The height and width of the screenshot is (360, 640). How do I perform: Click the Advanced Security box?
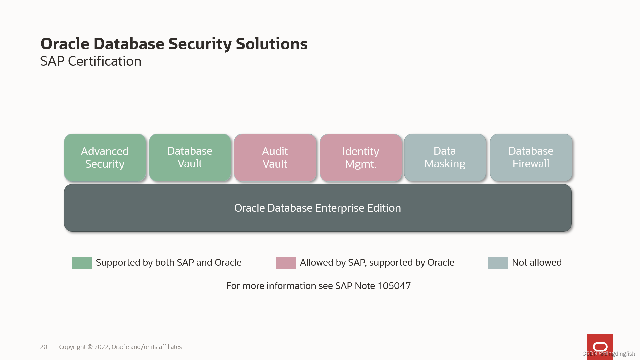pos(105,158)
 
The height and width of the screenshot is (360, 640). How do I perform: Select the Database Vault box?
pos(190,158)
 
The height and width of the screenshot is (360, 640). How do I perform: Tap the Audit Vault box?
pos(275,158)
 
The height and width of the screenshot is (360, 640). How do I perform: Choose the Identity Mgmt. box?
pos(361,158)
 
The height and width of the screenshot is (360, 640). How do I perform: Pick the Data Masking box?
pos(445,158)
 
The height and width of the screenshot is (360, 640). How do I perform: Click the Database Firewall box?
pos(531,158)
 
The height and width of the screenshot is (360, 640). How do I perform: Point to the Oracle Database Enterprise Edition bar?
pos(318,208)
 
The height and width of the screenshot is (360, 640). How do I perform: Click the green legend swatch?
pos(82,263)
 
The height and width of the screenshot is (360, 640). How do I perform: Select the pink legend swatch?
pos(286,263)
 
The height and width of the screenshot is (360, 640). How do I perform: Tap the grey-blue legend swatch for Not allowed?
pos(498,263)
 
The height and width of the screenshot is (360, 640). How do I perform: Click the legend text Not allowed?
pos(537,263)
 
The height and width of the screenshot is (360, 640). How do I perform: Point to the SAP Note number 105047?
pos(394,286)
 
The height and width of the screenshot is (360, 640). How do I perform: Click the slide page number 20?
pos(44,347)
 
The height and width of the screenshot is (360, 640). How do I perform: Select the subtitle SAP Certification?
pos(91,61)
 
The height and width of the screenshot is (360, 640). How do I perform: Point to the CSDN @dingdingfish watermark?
pos(609,354)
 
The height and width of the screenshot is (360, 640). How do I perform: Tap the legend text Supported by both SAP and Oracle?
pos(168,263)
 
